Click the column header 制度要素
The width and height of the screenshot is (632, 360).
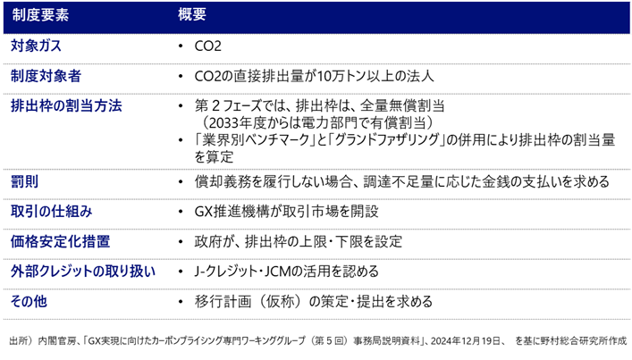pos(41,14)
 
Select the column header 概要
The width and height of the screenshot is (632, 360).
pos(192,14)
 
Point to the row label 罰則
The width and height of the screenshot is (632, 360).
pos(22,180)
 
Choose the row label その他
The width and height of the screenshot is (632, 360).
pos(29,302)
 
